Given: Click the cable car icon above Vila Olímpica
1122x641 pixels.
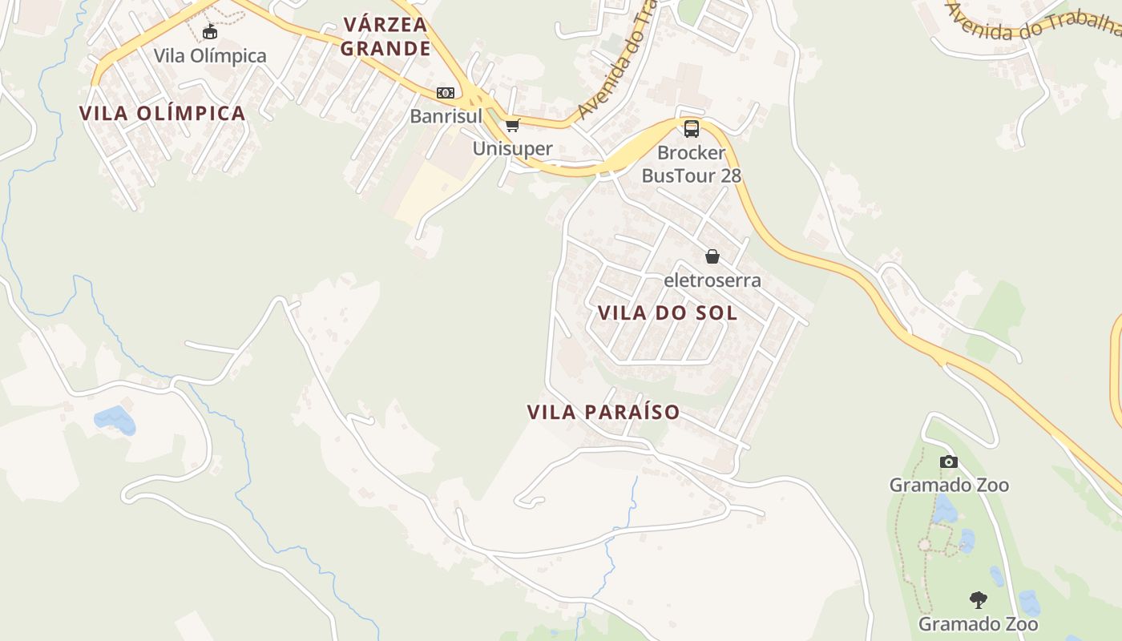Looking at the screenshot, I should click(x=210, y=32).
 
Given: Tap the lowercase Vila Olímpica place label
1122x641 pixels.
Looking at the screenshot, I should click(x=210, y=56).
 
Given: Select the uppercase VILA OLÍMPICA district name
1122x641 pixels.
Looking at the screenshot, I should click(x=163, y=113).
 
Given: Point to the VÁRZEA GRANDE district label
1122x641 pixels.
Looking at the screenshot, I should click(x=385, y=36).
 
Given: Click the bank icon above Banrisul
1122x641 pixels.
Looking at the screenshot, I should click(x=446, y=93).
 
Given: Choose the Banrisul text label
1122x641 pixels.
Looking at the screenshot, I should click(x=446, y=116).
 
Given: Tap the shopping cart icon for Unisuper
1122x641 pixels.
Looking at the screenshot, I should click(x=512, y=125).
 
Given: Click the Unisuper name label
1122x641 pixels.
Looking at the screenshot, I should click(x=512, y=148).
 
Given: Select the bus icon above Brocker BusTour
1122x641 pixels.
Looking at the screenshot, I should click(x=691, y=128).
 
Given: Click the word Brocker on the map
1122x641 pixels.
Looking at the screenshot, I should click(x=691, y=152).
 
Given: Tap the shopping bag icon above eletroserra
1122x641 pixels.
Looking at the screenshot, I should click(x=712, y=256).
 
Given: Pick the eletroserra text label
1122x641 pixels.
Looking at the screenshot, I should click(x=712, y=280).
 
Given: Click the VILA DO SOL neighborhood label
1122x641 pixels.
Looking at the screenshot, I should click(x=668, y=313).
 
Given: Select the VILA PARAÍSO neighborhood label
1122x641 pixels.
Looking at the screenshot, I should click(x=603, y=413).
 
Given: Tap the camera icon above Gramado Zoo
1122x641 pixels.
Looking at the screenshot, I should click(x=949, y=462).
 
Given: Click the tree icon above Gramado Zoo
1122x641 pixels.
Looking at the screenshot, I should click(x=978, y=599).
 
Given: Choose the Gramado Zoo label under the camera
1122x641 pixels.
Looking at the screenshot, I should click(x=949, y=485).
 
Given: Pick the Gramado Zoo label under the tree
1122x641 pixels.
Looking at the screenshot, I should click(x=978, y=623).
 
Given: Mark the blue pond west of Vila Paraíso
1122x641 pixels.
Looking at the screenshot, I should click(x=114, y=418).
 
